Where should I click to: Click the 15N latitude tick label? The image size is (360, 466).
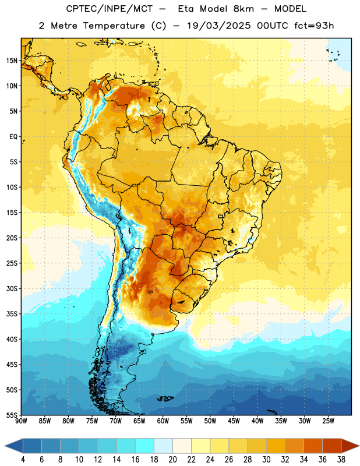coord(12,61)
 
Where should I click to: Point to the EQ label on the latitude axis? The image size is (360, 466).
coord(13,137)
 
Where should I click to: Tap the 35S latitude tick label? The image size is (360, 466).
coord(12,314)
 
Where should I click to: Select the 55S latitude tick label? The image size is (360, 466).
coord(12,415)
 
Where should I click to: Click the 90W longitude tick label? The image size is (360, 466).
coord(21,421)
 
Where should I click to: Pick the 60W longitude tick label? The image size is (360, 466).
coord(163,421)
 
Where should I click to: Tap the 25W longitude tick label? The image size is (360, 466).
coord(329,421)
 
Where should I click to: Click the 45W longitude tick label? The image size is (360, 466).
coord(234,421)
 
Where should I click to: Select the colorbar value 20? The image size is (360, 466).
coord(172,460)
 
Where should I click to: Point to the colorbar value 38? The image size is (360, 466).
coord(341,460)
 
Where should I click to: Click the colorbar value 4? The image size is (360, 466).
coord(23,460)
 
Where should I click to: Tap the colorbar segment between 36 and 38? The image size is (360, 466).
coord(332,446)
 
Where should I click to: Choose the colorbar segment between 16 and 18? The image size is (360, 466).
coord(145,446)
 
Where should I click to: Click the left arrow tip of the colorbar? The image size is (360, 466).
coord(5,446)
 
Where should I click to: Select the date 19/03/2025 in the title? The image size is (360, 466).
coord(219,26)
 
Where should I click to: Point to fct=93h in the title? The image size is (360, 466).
coord(314,26)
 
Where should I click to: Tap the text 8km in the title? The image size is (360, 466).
coord(243,9)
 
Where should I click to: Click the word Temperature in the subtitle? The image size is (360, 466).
coord(114,26)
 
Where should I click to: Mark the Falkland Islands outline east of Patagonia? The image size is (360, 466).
coord(165,398)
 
